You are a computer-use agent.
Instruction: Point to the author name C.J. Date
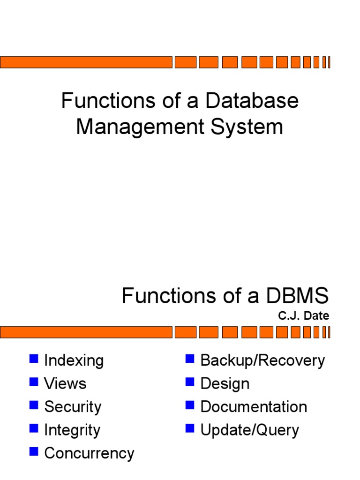click(x=303, y=316)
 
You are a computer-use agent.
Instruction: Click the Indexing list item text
click(x=74, y=360)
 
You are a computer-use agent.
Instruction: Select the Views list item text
click(x=65, y=383)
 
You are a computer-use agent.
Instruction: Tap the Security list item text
click(x=73, y=407)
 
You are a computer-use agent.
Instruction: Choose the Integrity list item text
click(x=72, y=430)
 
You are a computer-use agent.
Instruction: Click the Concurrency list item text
click(x=89, y=453)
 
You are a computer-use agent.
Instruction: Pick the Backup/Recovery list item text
click(x=262, y=360)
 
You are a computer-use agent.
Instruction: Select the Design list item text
click(x=225, y=383)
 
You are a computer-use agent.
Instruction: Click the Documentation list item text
click(x=254, y=407)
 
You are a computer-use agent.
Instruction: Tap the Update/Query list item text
click(x=249, y=430)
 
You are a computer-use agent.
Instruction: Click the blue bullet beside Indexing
click(x=33, y=359)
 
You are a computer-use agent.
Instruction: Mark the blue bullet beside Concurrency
click(x=33, y=452)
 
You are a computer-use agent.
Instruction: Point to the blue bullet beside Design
click(x=190, y=382)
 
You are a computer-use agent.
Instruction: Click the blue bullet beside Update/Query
click(x=190, y=428)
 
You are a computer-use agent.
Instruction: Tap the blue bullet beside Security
click(x=33, y=405)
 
